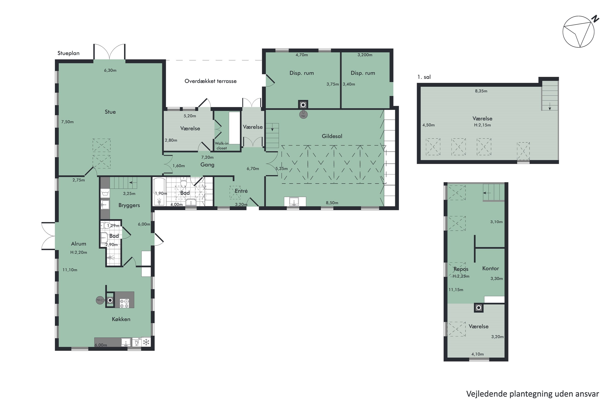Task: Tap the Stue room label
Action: tap(110, 112)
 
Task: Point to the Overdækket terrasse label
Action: tap(211, 81)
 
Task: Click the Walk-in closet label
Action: tap(222, 146)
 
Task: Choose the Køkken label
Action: tap(121, 319)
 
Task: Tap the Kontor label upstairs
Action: tap(490, 268)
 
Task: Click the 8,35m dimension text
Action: tap(481, 91)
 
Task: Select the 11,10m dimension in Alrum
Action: tap(70, 270)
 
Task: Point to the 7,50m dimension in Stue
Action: tap(67, 122)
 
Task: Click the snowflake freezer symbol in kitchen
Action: tap(146, 342)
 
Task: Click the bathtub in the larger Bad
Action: tap(159, 192)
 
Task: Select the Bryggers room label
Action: tap(129, 205)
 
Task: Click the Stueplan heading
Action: tap(68, 53)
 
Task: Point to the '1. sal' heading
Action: tap(424, 77)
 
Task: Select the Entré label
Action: tap(241, 191)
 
